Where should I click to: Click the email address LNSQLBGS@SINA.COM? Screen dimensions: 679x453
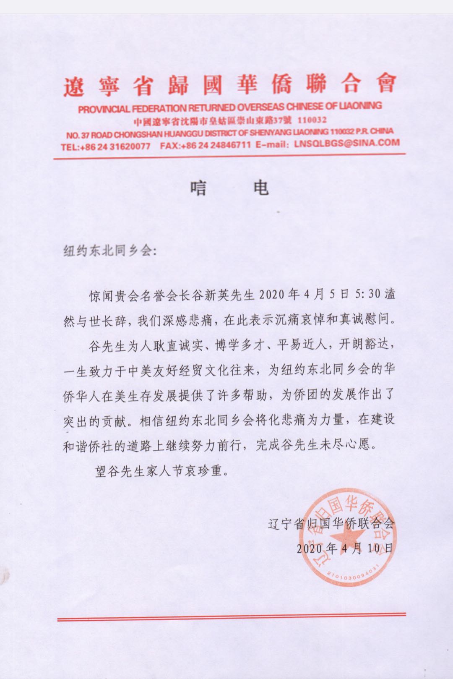tap(347, 143)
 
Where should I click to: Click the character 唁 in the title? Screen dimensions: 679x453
tap(198, 188)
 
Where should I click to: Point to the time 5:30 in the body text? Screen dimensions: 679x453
tap(366, 295)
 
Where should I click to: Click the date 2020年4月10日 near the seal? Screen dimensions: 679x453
tap(346, 548)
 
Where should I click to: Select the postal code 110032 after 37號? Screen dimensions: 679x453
tap(311, 120)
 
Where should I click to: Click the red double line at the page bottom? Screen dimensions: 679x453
tap(231, 616)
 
